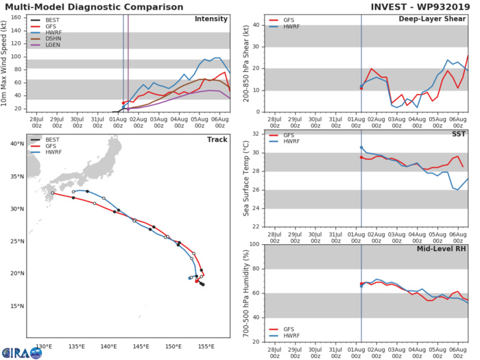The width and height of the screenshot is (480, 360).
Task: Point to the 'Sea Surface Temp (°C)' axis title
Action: pyautogui.click(x=245, y=180)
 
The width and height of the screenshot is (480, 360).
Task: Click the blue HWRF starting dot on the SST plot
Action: pyautogui.click(x=361, y=147)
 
